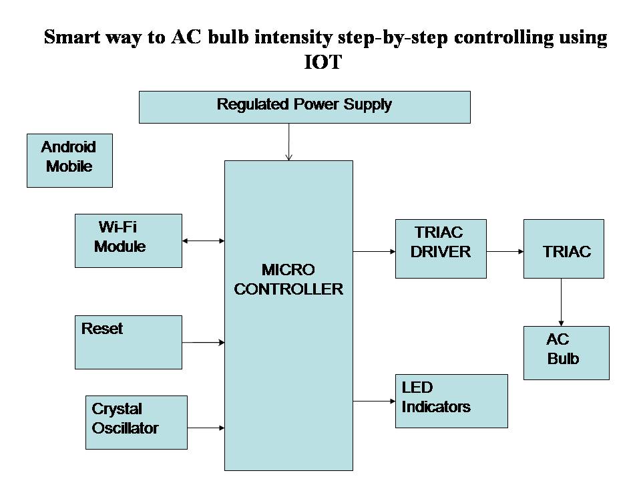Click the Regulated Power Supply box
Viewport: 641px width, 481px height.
tap(304, 107)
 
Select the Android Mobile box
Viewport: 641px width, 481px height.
tap(69, 160)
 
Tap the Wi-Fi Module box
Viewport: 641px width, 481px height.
tap(128, 240)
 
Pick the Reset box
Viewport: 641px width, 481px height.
tap(128, 342)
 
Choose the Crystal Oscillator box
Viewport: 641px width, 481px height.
tap(137, 422)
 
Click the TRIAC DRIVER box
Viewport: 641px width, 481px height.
tap(441, 249)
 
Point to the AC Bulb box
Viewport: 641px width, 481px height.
tap(566, 353)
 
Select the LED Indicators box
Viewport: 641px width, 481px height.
tap(451, 401)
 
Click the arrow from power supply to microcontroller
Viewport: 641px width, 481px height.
tap(288, 142)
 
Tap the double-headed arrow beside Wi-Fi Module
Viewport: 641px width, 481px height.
tap(203, 240)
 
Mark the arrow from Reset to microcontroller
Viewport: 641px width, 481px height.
tap(203, 342)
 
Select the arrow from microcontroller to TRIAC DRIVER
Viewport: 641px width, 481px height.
tap(374, 252)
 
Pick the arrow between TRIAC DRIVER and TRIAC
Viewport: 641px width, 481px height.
tap(505, 252)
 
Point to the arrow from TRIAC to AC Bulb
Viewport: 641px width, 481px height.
tap(561, 302)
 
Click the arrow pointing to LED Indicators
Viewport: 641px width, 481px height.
tap(374, 402)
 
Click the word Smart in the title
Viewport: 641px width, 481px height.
tap(73, 37)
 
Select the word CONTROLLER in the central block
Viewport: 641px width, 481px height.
tap(288, 289)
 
